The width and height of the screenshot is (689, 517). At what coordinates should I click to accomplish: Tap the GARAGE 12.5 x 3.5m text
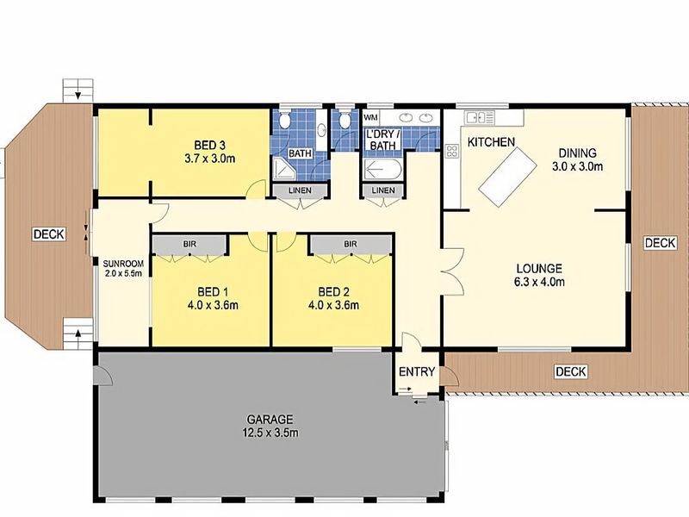click(270, 426)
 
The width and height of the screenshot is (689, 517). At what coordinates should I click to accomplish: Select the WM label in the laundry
click(370, 118)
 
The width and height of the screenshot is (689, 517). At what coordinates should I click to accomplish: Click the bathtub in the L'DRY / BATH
click(382, 169)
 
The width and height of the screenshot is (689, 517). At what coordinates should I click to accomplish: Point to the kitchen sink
click(481, 117)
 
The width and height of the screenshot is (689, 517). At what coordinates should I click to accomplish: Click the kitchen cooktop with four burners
click(451, 152)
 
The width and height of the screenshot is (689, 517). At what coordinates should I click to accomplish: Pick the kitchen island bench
click(507, 177)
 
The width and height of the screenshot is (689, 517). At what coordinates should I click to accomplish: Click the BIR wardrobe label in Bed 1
click(189, 244)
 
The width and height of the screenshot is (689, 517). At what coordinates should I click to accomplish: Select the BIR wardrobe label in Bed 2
click(351, 244)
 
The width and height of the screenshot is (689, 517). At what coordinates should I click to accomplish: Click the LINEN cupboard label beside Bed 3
click(300, 190)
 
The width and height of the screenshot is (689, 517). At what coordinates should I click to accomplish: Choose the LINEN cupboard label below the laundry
click(383, 190)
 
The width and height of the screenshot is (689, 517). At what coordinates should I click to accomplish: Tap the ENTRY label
click(417, 372)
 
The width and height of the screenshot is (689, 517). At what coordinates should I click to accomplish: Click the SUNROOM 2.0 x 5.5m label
click(123, 269)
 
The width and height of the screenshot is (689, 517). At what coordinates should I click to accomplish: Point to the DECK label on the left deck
click(49, 234)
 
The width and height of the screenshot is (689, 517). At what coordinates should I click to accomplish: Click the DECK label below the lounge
click(570, 372)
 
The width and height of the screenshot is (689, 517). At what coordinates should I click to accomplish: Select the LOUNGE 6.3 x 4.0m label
click(539, 275)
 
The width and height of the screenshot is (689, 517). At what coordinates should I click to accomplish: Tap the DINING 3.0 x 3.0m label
click(577, 159)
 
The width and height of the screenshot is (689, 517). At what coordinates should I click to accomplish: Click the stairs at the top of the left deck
click(78, 91)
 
